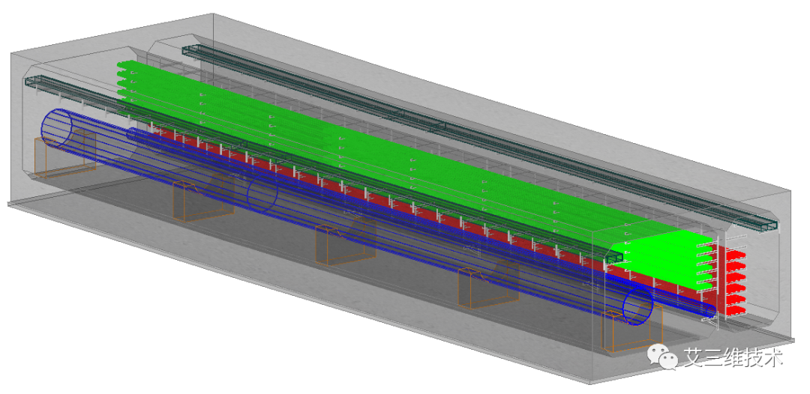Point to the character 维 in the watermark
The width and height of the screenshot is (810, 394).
coord(733,357)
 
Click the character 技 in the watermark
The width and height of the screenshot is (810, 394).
coord(754,357)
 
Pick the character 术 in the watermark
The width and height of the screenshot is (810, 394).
coord(774,357)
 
